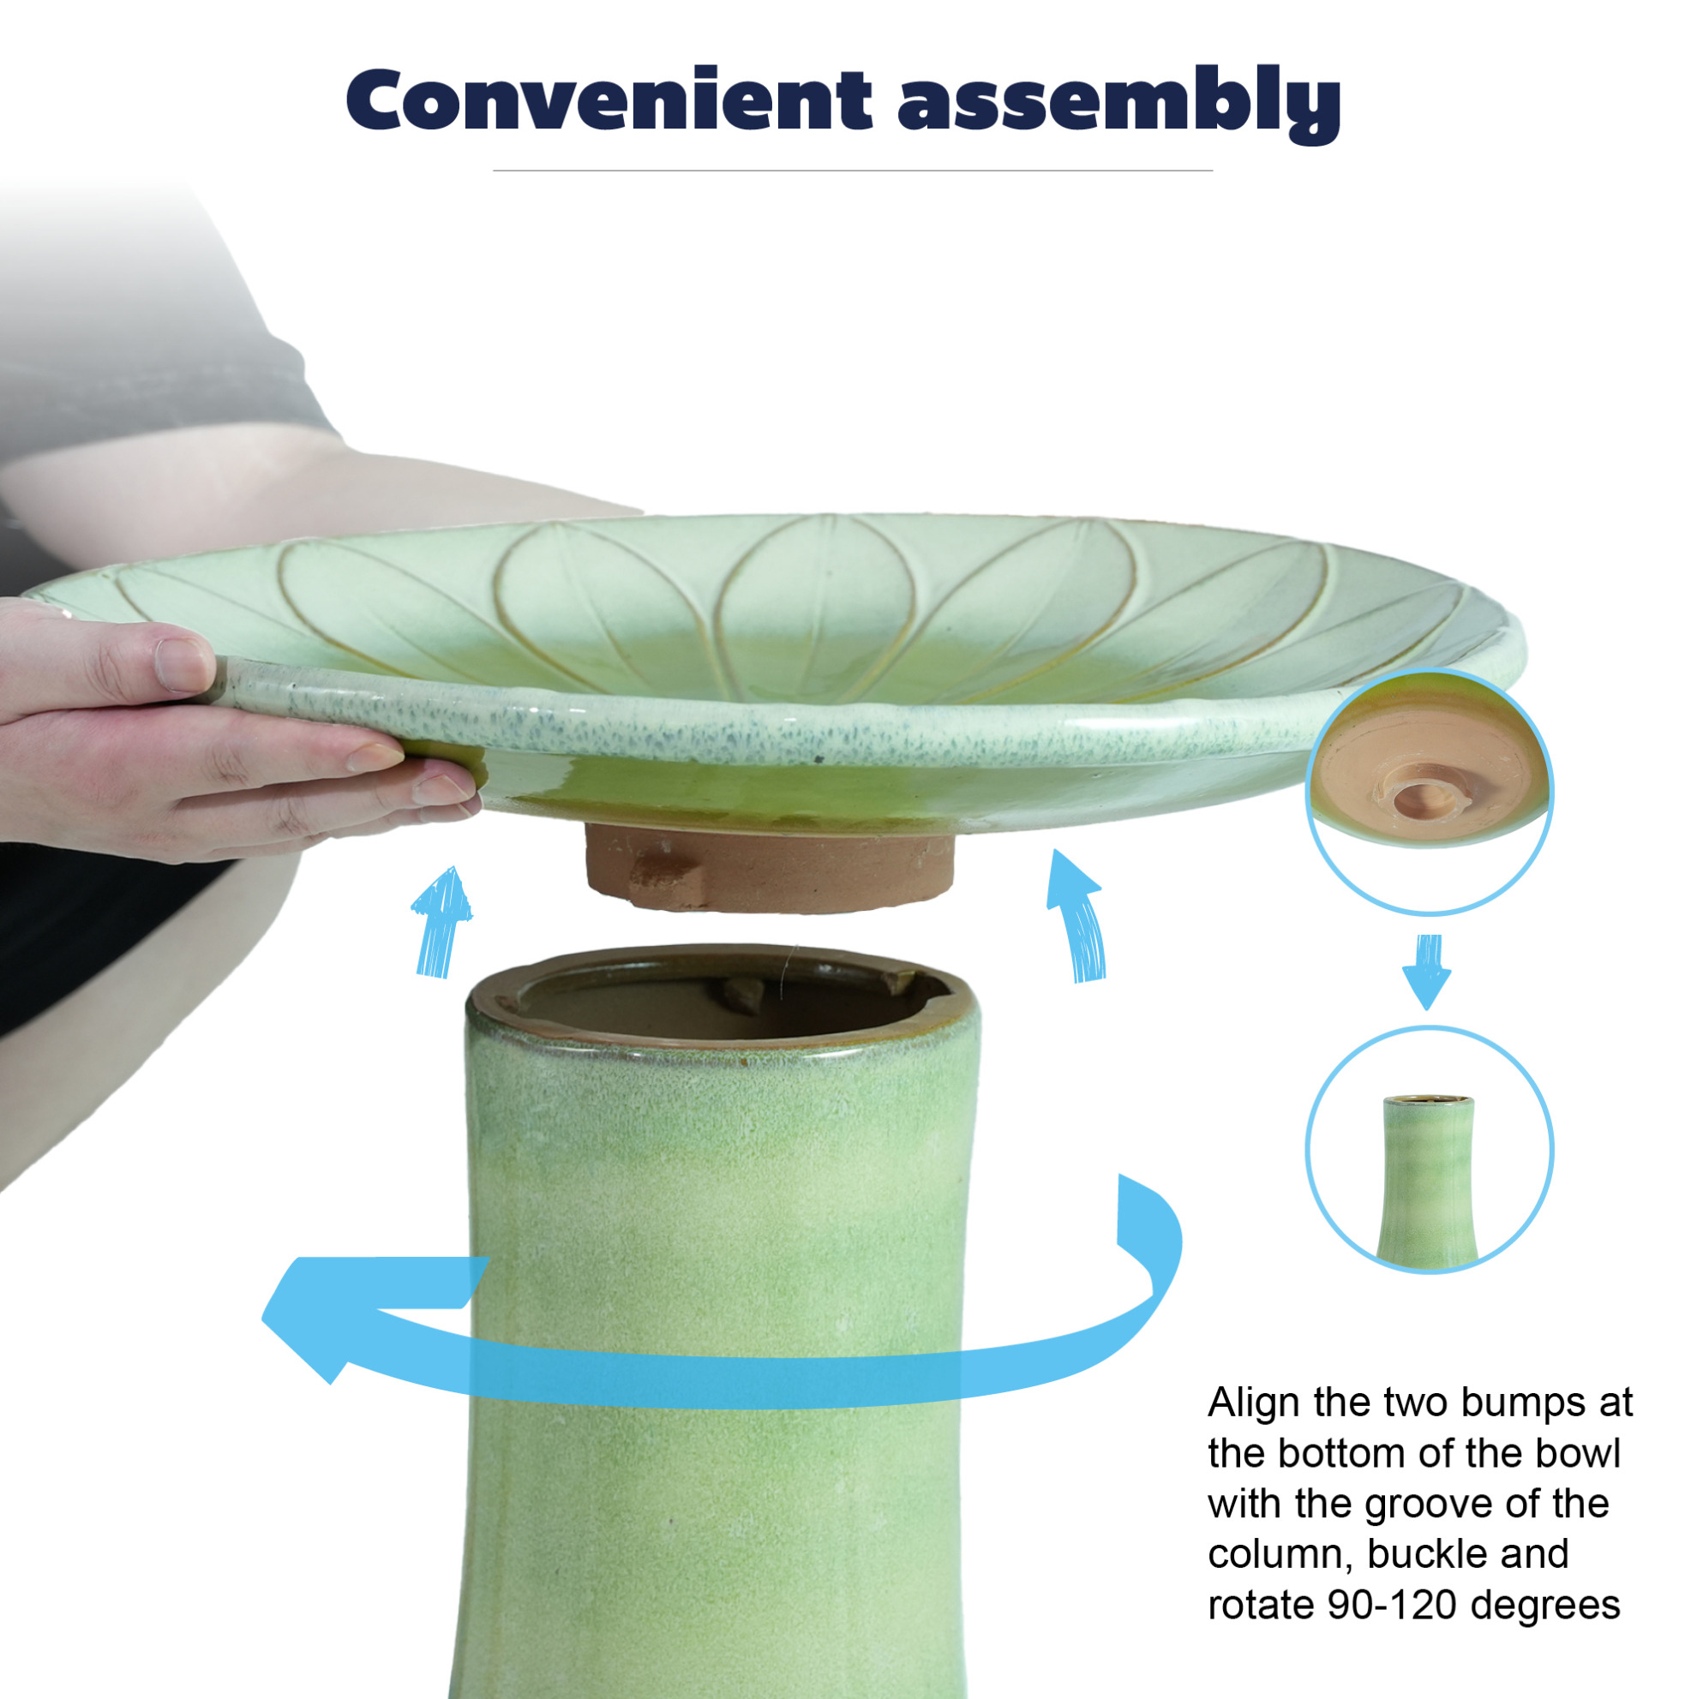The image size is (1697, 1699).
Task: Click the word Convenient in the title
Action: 609,99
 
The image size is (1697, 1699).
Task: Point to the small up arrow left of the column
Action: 441,924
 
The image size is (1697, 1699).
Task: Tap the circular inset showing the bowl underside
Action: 1429,792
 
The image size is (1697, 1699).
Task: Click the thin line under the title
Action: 853,170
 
